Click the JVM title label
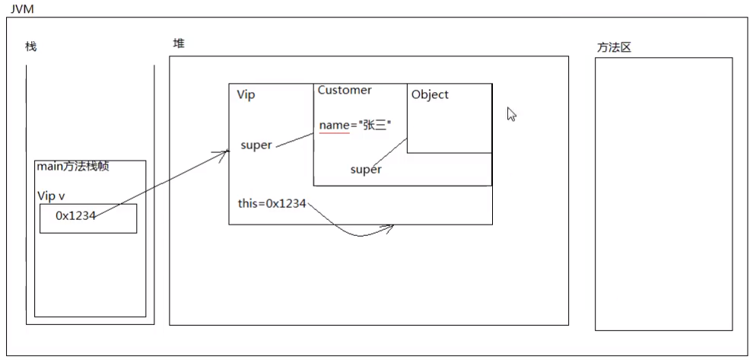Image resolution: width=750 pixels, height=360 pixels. tap(22, 8)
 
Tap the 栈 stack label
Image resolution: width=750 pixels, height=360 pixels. tap(30, 47)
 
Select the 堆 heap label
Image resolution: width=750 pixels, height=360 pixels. tap(179, 43)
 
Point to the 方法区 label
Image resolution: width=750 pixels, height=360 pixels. tap(614, 48)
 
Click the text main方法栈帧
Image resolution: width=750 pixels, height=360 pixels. tap(73, 167)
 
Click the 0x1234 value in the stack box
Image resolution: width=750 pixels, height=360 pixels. tap(75, 216)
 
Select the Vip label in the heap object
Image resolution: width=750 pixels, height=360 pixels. tap(246, 95)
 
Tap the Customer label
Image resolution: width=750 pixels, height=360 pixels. tap(345, 90)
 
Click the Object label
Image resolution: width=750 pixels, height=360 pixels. tap(430, 94)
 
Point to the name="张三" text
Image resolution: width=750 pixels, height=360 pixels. tap(355, 126)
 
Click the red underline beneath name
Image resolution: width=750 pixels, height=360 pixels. tap(335, 133)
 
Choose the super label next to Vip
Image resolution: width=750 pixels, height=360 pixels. tap(256, 145)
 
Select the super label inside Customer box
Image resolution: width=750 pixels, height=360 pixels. tap(366, 170)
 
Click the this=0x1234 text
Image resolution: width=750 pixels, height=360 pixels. tap(272, 203)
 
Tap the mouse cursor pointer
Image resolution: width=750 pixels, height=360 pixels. tap(511, 114)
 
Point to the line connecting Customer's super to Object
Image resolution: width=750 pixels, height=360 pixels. tap(389, 151)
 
